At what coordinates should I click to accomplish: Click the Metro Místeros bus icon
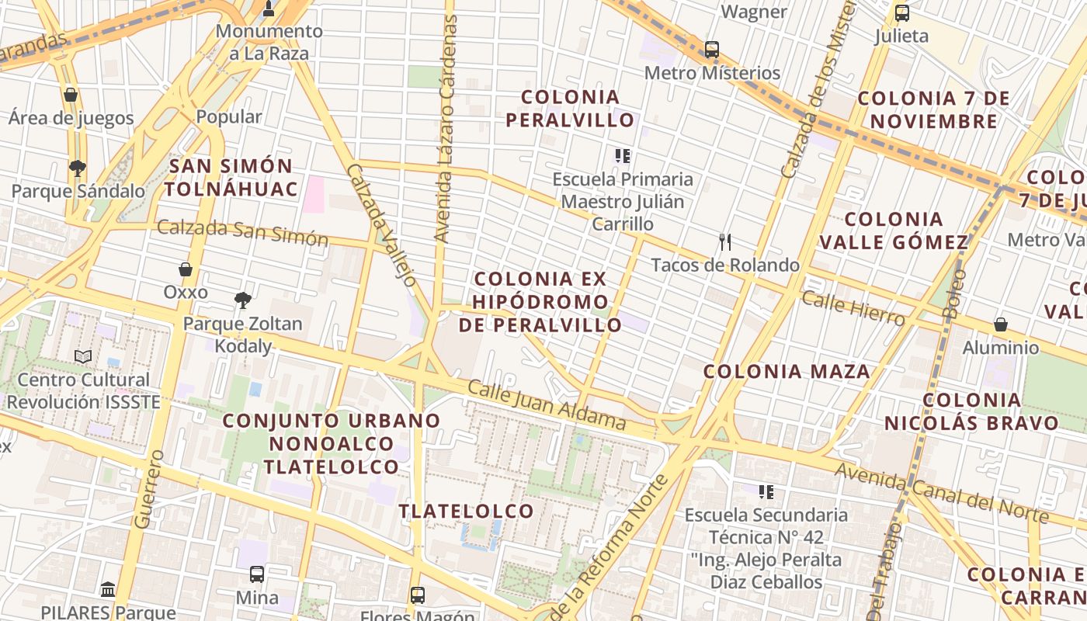(x=711, y=50)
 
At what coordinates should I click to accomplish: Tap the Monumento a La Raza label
(x=269, y=43)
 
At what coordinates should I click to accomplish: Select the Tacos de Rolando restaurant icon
(x=725, y=242)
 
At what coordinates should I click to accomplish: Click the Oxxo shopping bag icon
(x=186, y=269)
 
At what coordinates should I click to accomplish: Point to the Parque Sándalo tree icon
(x=77, y=168)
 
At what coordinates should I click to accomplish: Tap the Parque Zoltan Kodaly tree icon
(x=243, y=300)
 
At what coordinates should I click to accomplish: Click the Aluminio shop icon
(x=1001, y=324)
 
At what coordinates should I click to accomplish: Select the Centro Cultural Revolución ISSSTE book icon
(x=83, y=356)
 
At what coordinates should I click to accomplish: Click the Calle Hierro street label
(x=853, y=308)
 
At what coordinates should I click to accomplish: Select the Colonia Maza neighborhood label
(x=787, y=372)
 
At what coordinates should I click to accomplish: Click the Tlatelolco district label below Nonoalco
(x=466, y=511)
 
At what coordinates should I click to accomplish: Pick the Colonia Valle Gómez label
(x=894, y=231)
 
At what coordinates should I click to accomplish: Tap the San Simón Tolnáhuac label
(x=231, y=177)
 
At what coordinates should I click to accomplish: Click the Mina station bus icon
(x=257, y=574)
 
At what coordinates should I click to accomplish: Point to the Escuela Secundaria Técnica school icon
(x=766, y=491)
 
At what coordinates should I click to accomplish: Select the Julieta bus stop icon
(x=901, y=13)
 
